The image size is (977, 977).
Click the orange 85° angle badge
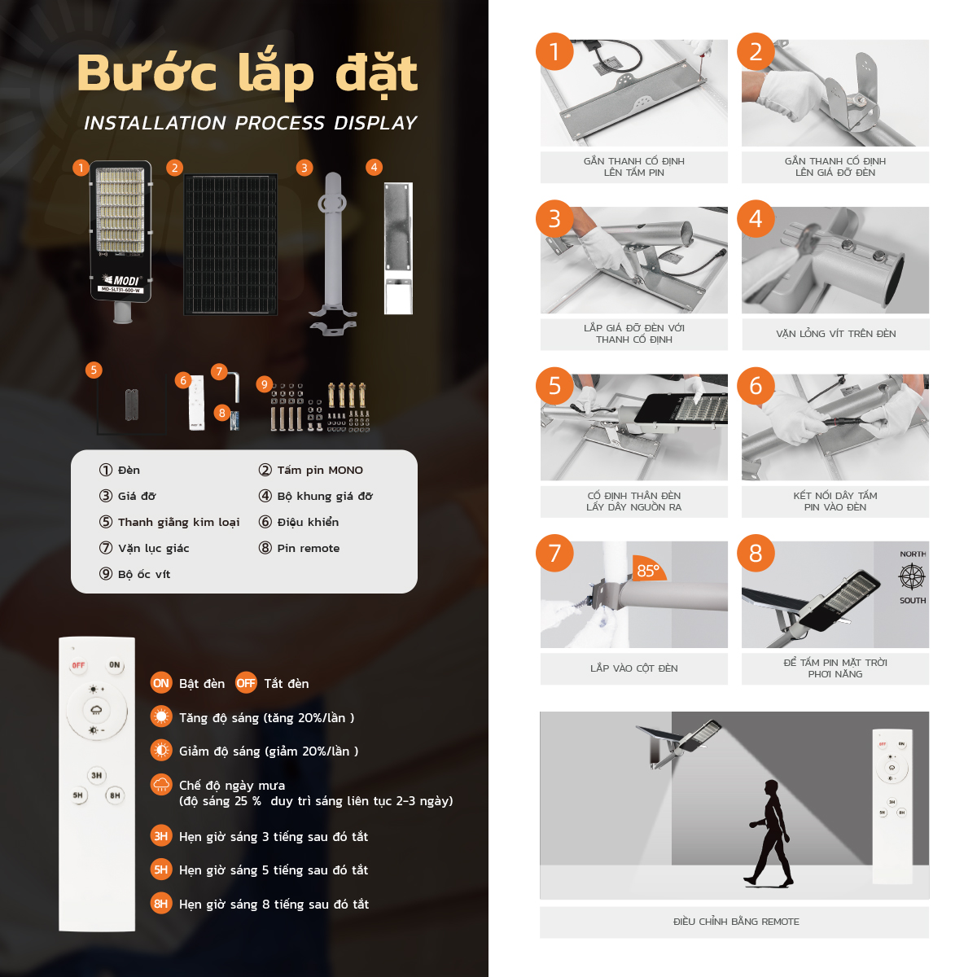click(x=648, y=568)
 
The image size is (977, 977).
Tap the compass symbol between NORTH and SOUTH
click(x=912, y=577)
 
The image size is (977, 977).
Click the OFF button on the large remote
click(x=78, y=665)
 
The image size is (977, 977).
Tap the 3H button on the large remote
click(x=96, y=775)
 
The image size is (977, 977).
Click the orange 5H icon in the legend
click(x=161, y=870)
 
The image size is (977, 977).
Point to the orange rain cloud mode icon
click(x=161, y=785)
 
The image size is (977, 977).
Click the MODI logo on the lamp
click(x=121, y=280)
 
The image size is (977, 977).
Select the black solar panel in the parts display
click(x=230, y=245)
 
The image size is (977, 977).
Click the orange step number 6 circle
click(x=756, y=386)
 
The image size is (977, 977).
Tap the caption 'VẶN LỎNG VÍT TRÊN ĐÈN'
click(x=835, y=334)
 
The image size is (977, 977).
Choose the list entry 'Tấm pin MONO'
click(x=311, y=470)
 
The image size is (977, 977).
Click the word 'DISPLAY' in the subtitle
click(x=375, y=123)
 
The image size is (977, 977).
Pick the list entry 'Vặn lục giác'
click(x=144, y=548)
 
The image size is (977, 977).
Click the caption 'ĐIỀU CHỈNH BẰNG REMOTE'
click(x=736, y=922)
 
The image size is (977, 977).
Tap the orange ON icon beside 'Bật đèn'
click(x=161, y=683)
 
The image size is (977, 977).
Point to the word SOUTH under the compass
click(x=913, y=600)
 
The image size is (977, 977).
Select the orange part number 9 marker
click(x=264, y=384)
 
